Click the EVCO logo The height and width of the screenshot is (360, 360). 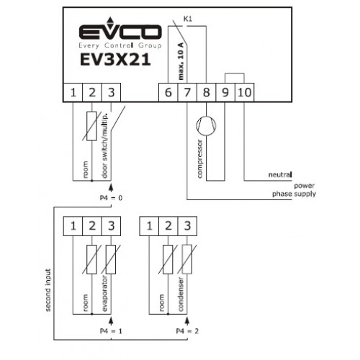[120, 32]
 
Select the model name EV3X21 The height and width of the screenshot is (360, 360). [115, 60]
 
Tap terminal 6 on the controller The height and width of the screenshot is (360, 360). [168, 92]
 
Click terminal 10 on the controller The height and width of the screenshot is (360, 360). [244, 92]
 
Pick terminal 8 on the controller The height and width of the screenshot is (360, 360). [207, 92]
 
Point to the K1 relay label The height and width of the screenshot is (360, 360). [188, 19]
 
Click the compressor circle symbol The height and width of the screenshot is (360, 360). [206, 126]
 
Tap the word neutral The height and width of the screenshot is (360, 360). [280, 174]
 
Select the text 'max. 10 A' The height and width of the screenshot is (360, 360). [181, 61]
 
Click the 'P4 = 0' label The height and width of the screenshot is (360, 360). [111, 198]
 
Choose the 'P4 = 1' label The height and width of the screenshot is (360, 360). [111, 331]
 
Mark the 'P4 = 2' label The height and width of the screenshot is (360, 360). [187, 331]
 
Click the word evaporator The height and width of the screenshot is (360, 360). [105, 294]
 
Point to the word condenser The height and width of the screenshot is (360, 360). [181, 294]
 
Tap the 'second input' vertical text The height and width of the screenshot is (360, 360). [48, 290]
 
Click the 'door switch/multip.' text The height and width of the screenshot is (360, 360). [105, 145]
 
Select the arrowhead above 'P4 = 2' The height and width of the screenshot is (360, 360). [187, 321]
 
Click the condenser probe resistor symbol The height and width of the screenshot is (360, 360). [187, 259]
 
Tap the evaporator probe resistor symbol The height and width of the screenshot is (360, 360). [111, 259]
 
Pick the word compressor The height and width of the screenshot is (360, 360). [199, 159]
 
